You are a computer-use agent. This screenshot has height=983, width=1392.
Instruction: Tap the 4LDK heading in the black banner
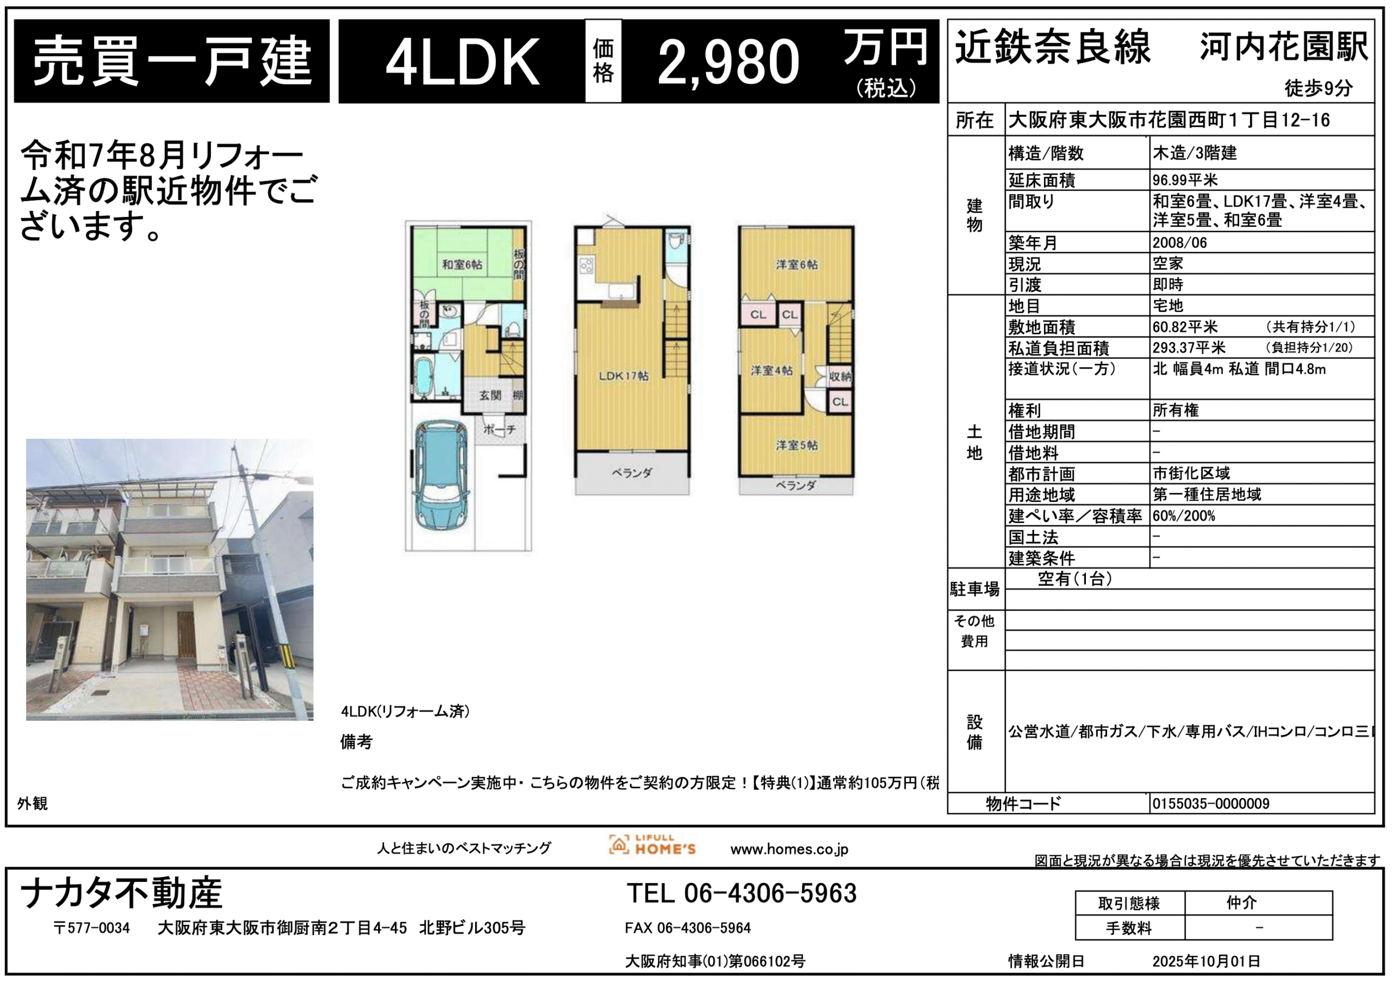462,62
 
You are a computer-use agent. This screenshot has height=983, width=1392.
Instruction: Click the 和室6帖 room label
462,265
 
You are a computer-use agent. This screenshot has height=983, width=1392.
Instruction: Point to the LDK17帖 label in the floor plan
623,376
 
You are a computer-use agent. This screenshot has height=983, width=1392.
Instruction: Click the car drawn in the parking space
441,475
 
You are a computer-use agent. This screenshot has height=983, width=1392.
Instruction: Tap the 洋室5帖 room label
797,445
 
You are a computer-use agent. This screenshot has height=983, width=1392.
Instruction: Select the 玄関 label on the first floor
490,396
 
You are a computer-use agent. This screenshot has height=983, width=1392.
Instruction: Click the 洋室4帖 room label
771,370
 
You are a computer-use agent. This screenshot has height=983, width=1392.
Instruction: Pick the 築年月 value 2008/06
1180,243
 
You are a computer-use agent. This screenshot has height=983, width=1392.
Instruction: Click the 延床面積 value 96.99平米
1185,180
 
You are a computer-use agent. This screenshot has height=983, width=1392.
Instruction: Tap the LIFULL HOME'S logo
652,845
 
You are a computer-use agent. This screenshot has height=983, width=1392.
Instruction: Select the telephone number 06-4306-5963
770,893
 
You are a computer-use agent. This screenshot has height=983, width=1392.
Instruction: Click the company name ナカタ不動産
121,893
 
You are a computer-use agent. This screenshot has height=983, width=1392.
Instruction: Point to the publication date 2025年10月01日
1207,962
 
